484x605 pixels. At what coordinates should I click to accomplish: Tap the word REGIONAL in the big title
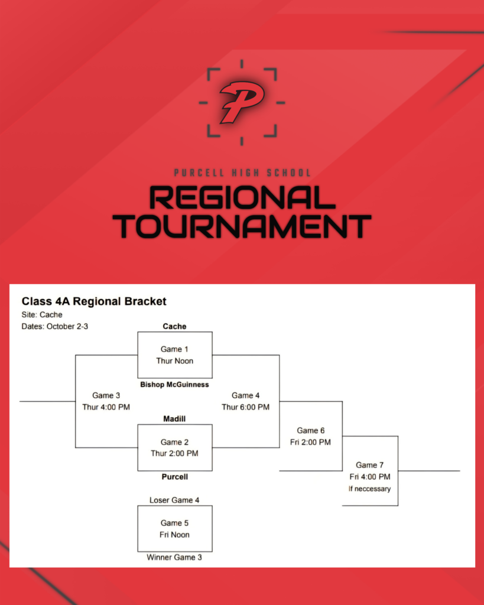coord(242,198)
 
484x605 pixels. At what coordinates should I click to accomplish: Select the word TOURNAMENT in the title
coord(242,226)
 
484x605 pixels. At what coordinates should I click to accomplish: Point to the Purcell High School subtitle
coord(242,173)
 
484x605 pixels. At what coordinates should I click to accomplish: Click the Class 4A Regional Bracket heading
coord(94,301)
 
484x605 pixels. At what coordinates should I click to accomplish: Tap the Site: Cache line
coord(42,315)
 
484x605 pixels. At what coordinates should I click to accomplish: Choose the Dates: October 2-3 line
coord(55,326)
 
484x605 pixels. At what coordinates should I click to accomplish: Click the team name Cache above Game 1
coord(174,326)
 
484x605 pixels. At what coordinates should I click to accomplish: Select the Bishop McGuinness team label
coord(174,385)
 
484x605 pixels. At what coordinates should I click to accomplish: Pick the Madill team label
coord(174,419)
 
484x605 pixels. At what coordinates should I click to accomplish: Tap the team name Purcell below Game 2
coord(174,477)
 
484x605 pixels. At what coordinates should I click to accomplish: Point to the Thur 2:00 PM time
coord(174,454)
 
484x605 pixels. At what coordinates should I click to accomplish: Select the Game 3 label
coord(103,395)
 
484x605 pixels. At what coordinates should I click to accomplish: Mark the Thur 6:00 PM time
coord(245,407)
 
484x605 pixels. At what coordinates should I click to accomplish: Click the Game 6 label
coord(310,431)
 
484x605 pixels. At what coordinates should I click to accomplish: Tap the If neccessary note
coord(369,489)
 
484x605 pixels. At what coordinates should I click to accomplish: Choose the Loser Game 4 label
coord(174,500)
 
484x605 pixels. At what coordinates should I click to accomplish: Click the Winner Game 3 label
coord(174,557)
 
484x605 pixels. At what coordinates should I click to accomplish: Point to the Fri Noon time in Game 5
coord(174,535)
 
